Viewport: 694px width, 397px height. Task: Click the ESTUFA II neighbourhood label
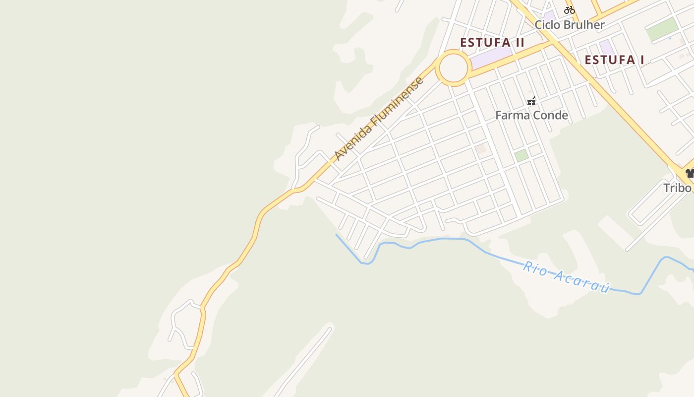coord(492,42)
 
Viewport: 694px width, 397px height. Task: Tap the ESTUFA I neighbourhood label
coord(614,60)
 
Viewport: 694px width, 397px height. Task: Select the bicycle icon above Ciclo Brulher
coord(569,9)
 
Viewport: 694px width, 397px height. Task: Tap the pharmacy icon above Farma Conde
coord(531,102)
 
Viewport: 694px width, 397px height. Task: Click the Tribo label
coord(677,188)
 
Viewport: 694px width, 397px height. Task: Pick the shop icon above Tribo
coord(690,173)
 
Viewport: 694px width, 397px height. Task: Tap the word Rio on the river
coord(535,268)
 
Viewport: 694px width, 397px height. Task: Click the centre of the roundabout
coord(453,68)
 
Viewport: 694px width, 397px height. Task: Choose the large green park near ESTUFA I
coord(662,29)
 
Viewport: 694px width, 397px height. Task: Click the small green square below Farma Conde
coord(521,155)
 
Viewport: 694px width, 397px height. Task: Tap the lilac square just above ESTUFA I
coord(606,47)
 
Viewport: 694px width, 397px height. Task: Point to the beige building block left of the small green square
coord(481,149)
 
